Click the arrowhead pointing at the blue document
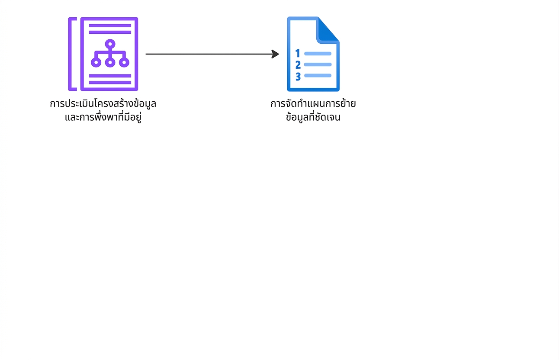click(x=275, y=54)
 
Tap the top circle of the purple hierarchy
click(x=110, y=44)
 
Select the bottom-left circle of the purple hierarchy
click(x=96, y=62)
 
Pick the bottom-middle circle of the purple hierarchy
click(x=110, y=62)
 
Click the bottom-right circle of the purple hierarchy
click(x=124, y=62)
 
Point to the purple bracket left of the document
click(x=70, y=54)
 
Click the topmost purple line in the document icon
click(x=110, y=26)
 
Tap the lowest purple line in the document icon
click(x=110, y=82)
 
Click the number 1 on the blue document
click(x=298, y=53)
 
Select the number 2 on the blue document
click(x=298, y=65)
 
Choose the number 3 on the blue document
click(x=298, y=77)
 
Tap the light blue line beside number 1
click(x=318, y=54)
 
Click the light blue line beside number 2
click(x=318, y=64)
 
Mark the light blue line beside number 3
click(x=318, y=75)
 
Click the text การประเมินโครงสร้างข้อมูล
click(x=103, y=103)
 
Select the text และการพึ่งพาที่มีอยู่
click(x=103, y=117)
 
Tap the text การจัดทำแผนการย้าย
click(x=313, y=103)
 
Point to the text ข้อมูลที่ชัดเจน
click(x=313, y=117)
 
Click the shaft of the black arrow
click(x=209, y=54)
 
